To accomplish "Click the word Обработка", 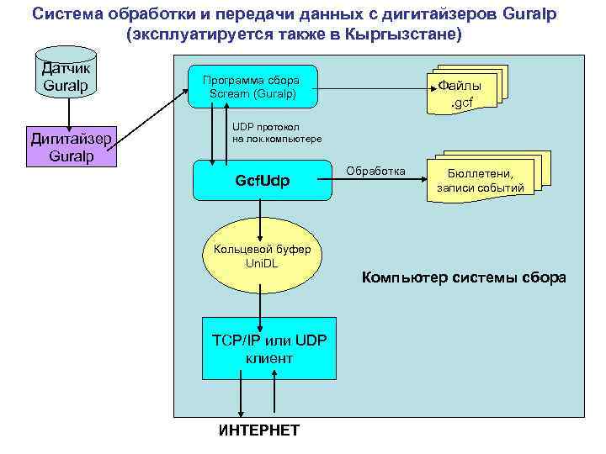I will [x=377, y=172].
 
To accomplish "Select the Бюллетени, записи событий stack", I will [x=480, y=180].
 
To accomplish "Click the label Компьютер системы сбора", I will [x=464, y=277].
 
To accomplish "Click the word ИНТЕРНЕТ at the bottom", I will [x=258, y=430].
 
